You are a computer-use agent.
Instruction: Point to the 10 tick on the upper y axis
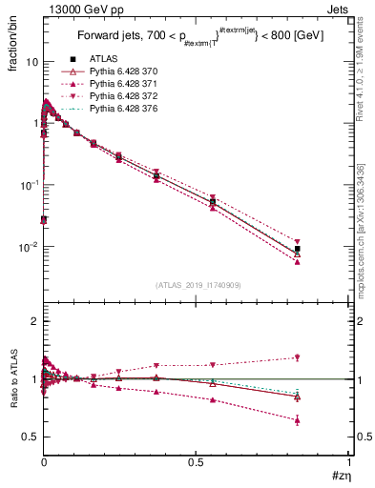tap(31, 62)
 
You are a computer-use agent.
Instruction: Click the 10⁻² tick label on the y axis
tap(29, 247)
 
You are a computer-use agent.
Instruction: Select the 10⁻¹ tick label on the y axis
tap(29, 185)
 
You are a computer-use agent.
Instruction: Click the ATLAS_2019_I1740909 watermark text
tap(197, 286)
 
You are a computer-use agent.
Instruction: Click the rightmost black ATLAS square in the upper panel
tap(298, 249)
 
